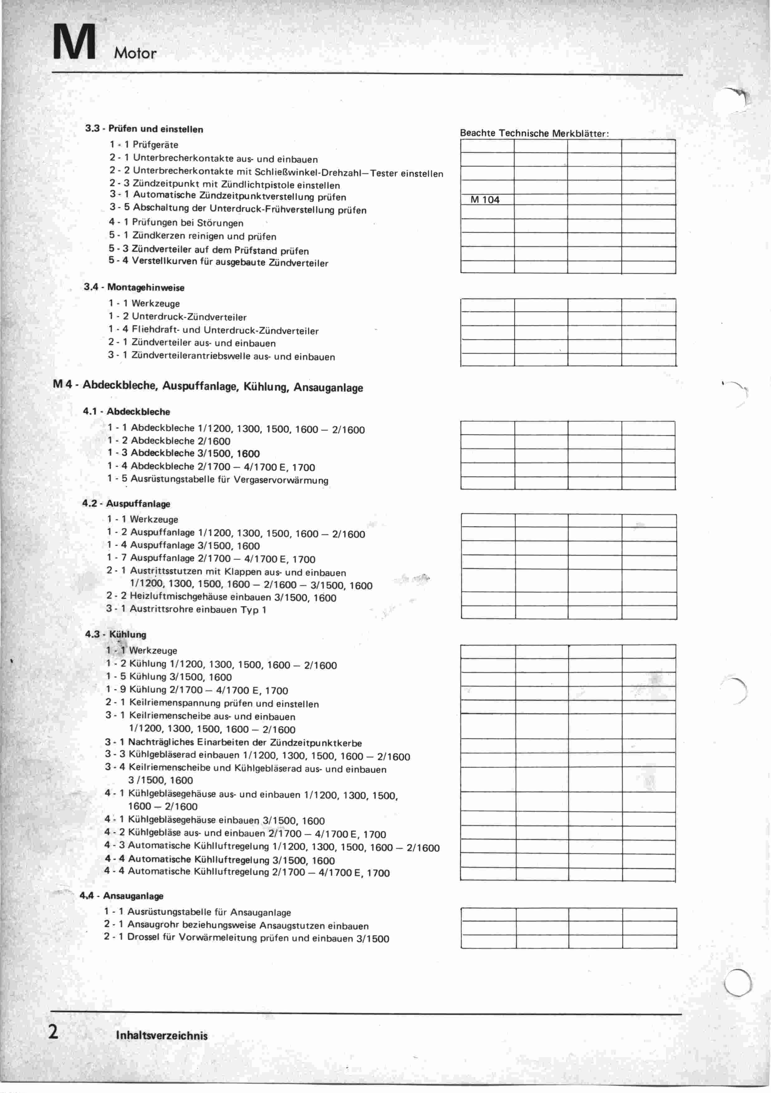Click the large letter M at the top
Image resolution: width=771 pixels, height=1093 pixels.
[x=75, y=43]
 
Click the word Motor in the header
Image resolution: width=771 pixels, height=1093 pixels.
[x=135, y=53]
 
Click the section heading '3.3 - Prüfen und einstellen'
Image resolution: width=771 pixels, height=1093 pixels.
[x=144, y=129]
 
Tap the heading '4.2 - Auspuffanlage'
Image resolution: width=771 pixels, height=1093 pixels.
[x=126, y=504]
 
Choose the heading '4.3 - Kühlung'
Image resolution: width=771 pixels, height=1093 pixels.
[x=116, y=635]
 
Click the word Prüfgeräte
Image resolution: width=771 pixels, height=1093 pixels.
[x=155, y=145]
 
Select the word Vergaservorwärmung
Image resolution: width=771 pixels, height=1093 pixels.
[x=281, y=480]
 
